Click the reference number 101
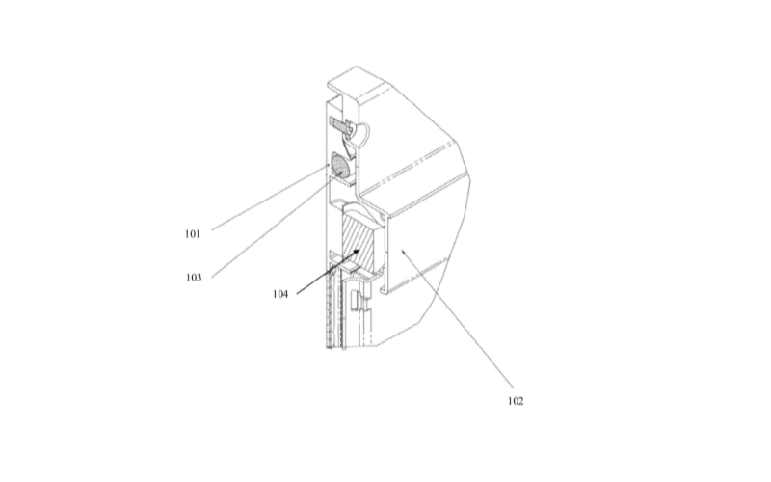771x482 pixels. click(x=193, y=234)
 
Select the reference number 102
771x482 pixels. click(x=516, y=401)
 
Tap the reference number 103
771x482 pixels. click(x=194, y=278)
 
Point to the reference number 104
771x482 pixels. click(x=280, y=294)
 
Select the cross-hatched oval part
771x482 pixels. click(x=340, y=166)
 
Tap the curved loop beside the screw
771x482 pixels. click(x=363, y=134)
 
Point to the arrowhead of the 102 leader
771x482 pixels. click(x=404, y=251)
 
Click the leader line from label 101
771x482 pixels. click(x=271, y=198)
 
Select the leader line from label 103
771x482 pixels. click(x=271, y=229)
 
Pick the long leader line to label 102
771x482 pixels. click(x=457, y=319)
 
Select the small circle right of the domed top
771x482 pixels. click(x=382, y=215)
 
